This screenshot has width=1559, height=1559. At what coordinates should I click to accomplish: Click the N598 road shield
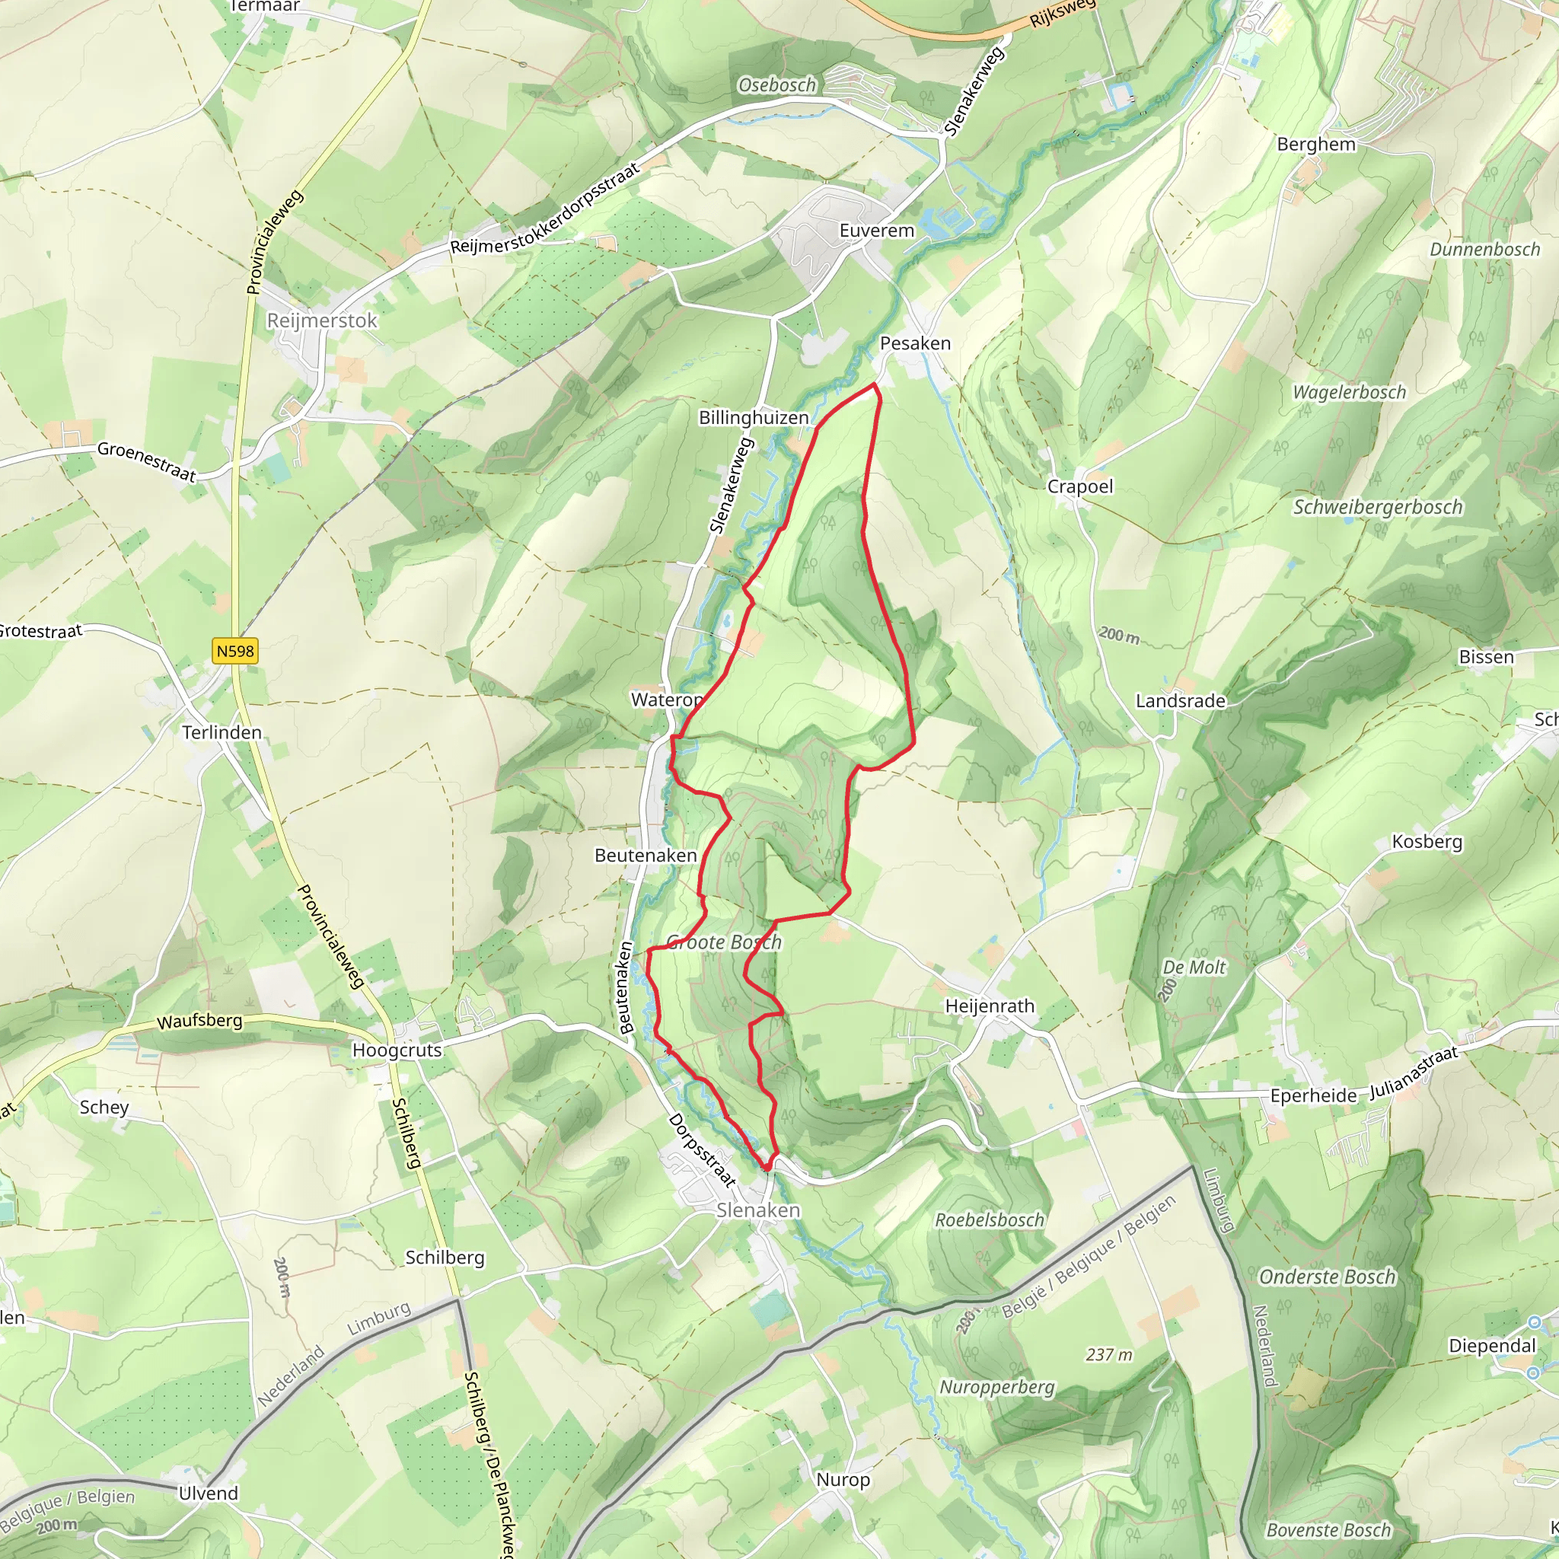(x=234, y=651)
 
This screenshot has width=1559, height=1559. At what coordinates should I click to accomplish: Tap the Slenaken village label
(x=757, y=1210)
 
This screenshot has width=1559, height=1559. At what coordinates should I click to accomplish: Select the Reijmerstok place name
(x=322, y=320)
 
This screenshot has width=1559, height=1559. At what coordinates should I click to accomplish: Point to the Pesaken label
(x=915, y=343)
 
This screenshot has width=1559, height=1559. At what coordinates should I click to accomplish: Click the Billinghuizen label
(x=754, y=417)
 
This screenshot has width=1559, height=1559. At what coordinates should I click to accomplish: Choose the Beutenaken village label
(x=646, y=855)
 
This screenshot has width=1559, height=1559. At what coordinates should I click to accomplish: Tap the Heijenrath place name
(x=990, y=1006)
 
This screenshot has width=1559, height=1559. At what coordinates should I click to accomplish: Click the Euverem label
(x=877, y=231)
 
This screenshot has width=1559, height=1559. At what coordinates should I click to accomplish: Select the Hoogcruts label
(x=397, y=1050)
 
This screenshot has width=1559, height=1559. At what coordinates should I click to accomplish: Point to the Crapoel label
(x=1079, y=486)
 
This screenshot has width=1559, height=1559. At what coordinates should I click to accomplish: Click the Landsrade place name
(x=1181, y=700)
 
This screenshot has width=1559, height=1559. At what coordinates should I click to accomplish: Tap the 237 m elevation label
(x=1108, y=1355)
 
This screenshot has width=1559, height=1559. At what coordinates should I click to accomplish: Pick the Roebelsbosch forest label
(x=990, y=1220)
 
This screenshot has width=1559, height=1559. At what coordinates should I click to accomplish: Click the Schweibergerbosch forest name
(x=1377, y=507)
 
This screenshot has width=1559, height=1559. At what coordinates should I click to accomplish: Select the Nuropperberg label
(x=997, y=1387)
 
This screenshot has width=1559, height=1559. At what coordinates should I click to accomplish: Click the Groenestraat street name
(x=146, y=461)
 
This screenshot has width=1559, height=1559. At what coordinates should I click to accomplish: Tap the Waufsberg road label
(x=199, y=1021)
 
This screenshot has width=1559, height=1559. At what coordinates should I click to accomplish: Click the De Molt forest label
(x=1194, y=967)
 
